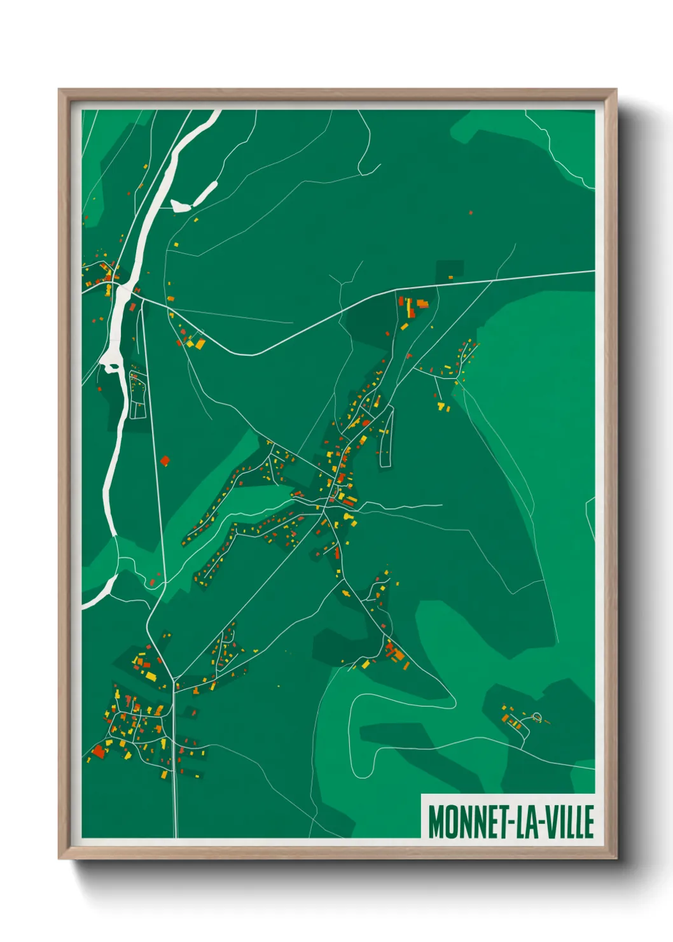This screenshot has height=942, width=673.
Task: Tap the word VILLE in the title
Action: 571,822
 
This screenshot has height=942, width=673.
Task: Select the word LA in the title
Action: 524,822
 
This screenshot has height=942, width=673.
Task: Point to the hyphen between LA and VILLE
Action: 541,822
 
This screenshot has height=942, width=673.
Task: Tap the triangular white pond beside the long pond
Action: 179,205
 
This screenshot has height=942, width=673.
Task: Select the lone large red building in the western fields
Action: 165,460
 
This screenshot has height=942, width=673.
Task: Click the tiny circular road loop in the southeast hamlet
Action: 536,717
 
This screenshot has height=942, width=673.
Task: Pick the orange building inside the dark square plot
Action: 450,278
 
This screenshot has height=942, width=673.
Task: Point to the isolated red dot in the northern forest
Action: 471,213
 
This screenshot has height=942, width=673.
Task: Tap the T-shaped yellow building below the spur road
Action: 441,405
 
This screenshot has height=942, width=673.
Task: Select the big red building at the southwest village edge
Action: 98,752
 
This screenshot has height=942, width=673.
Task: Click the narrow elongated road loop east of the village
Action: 385,438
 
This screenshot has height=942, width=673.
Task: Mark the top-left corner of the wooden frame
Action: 59,90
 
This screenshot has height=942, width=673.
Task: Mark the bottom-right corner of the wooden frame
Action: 616,858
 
